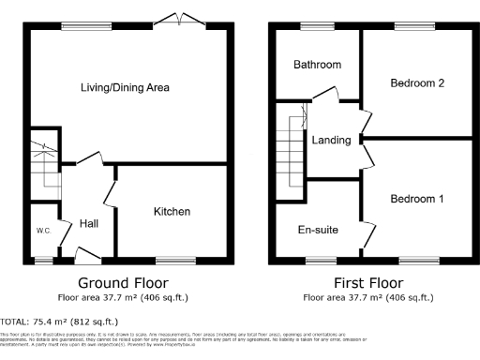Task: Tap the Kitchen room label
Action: click(172, 212)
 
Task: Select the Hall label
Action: click(90, 223)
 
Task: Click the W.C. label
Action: click(43, 231)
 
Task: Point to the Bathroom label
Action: click(317, 65)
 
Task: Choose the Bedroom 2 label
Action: click(417, 82)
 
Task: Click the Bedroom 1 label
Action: click(417, 199)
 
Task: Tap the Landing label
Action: click(331, 141)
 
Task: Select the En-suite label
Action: click(318, 229)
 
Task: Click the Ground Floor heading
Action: click(124, 282)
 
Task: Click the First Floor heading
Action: click(367, 282)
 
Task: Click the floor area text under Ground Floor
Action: click(124, 298)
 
